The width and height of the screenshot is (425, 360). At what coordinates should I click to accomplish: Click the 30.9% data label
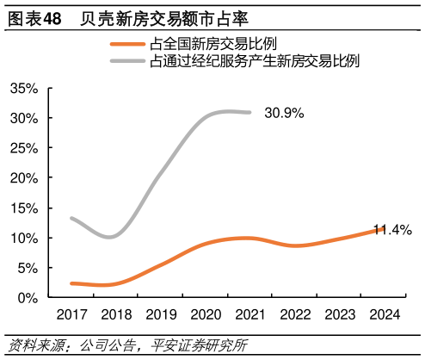(x=284, y=113)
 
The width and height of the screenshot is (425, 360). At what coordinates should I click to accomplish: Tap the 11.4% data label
(x=391, y=230)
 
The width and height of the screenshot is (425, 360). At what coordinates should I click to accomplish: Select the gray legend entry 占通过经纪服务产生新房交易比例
(x=254, y=60)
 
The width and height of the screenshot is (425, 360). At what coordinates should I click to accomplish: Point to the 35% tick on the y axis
(x=23, y=89)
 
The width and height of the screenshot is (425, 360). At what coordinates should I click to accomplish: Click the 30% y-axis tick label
(x=23, y=118)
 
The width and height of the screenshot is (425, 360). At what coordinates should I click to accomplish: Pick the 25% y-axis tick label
(x=23, y=148)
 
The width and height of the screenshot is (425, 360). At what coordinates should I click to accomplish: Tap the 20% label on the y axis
(x=23, y=178)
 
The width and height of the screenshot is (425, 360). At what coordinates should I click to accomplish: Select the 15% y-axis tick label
(x=23, y=208)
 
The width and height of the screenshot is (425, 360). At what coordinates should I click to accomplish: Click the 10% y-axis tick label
(x=23, y=238)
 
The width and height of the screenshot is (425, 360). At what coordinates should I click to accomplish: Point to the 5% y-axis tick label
(x=27, y=268)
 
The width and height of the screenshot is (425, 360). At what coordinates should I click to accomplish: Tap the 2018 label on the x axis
(x=116, y=315)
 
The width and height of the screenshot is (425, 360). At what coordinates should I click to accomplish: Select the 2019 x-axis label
(x=161, y=315)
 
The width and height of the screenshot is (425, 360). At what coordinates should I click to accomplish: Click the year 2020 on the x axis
(x=206, y=315)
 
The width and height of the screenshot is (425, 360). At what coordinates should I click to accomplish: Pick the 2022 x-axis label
(x=295, y=315)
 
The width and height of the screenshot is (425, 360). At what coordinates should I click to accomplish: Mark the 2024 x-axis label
(x=385, y=315)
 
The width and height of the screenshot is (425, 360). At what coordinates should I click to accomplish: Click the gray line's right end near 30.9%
(x=249, y=112)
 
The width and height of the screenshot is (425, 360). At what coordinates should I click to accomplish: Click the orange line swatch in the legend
(x=127, y=44)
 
